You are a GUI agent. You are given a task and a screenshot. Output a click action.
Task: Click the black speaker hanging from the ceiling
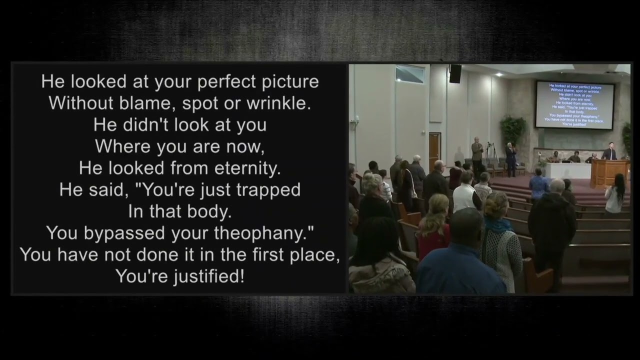pos(455,73)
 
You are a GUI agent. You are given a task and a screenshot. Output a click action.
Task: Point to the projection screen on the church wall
pos(574,104)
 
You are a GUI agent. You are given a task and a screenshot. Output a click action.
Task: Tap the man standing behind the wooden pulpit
pos(608,151)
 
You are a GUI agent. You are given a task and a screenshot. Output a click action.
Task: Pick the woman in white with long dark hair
pos(614,194)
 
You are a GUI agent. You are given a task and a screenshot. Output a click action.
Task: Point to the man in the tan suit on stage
pos(477,152)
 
